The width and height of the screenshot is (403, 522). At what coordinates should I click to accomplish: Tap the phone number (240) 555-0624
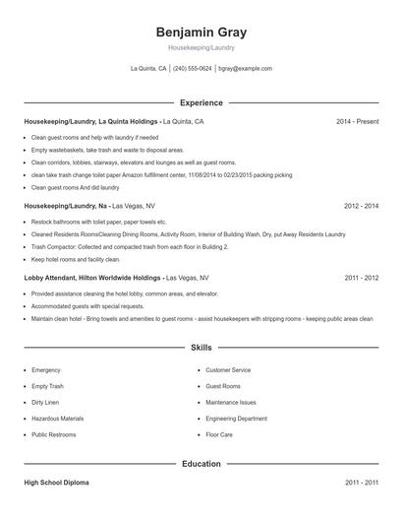[x=192, y=69]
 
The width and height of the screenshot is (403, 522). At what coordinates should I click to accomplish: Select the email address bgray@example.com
[x=245, y=69]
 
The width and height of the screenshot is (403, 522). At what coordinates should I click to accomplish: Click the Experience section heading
[x=201, y=102]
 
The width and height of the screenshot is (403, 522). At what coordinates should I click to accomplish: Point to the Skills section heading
[x=201, y=348]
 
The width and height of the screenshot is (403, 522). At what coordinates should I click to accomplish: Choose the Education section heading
[x=201, y=463]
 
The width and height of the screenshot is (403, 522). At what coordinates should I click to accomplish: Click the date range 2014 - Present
[x=357, y=121]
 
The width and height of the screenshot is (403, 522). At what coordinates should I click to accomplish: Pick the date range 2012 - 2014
[x=361, y=206]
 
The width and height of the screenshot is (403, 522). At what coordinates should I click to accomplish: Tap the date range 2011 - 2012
[x=361, y=278]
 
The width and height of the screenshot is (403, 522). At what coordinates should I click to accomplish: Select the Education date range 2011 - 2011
[x=361, y=483]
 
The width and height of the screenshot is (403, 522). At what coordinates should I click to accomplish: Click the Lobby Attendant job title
[x=62, y=278]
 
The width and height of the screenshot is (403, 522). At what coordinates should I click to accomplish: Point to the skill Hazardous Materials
[x=57, y=418]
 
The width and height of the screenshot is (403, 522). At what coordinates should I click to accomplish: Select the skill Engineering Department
[x=236, y=418]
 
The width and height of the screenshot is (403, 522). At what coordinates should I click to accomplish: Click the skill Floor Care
[x=219, y=433]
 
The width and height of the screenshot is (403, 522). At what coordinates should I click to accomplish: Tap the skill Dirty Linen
[x=45, y=402]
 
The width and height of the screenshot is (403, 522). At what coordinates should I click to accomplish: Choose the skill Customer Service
[x=229, y=370]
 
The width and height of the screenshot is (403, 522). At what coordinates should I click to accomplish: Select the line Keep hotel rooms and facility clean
[x=76, y=259]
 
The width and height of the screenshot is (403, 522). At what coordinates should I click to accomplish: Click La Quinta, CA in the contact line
[x=148, y=69]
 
